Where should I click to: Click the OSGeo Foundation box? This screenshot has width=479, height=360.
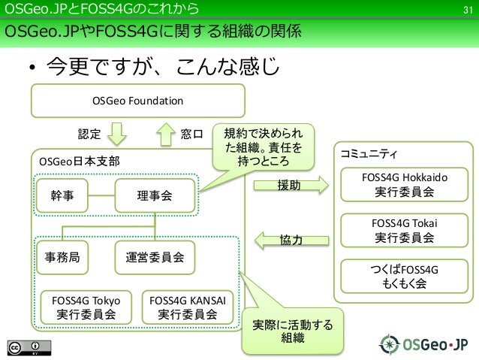click(x=137, y=100)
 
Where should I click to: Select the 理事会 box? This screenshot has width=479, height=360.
click(x=155, y=195)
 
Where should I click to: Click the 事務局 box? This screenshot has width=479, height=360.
click(x=62, y=256)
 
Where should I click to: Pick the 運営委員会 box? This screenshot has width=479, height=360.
click(x=155, y=256)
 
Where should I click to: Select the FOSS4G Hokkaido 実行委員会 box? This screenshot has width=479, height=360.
click(x=405, y=185)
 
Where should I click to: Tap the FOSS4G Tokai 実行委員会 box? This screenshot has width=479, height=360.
click(x=405, y=231)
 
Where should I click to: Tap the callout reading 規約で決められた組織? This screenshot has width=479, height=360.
click(x=263, y=146)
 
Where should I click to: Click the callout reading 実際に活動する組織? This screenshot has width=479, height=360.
click(x=292, y=331)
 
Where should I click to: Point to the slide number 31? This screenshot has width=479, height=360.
click(x=466, y=10)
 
